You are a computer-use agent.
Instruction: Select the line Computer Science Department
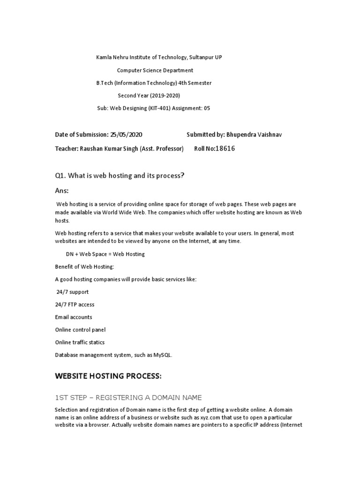coord(155,70)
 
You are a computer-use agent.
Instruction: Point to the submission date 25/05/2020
coord(126,135)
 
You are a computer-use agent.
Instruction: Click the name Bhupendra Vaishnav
coord(254,135)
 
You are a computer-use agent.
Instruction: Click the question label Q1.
coord(60,175)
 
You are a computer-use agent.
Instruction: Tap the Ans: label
coord(62,191)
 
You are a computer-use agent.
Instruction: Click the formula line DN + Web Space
coord(105,254)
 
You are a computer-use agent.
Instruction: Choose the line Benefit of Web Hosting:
coord(84,267)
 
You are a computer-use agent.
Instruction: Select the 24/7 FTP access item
coord(75,305)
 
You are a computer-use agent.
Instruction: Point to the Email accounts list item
coord(74,317)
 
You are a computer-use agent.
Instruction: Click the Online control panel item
coord(80,330)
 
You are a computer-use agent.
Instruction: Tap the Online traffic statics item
coord(80,343)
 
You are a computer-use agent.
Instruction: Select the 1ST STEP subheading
coord(128,397)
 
